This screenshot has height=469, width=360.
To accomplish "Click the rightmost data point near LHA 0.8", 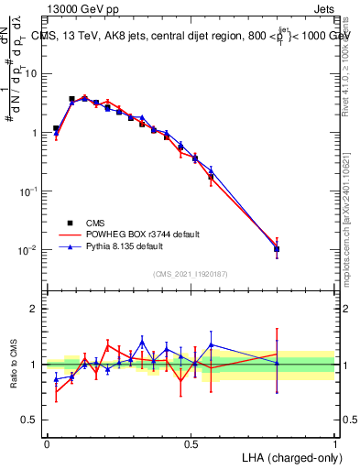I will pos(277,248).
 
